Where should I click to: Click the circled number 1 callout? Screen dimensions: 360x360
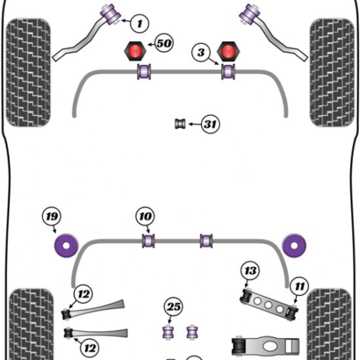(139, 24)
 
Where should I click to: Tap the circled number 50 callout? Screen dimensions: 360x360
(164, 43)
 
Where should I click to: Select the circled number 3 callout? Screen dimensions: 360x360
(201, 52)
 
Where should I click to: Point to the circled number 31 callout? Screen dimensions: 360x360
(210, 124)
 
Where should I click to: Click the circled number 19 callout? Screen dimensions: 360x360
(52, 216)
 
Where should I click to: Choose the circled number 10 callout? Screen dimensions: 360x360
(145, 216)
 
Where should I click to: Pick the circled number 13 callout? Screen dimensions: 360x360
(250, 270)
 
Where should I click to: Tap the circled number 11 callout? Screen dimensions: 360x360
(299, 286)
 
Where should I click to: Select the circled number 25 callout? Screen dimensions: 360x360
(173, 306)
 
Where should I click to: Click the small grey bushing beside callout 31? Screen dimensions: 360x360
(180, 124)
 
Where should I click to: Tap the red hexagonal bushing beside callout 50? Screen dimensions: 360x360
(135, 51)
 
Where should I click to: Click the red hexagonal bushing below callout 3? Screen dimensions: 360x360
(228, 51)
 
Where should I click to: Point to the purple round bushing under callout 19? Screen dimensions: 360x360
(66, 245)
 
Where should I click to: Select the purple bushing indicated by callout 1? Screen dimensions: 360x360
(111, 14)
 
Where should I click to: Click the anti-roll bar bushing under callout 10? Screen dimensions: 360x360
(149, 241)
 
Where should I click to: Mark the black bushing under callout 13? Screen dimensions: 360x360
(247, 295)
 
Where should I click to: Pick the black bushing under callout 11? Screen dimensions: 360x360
(293, 312)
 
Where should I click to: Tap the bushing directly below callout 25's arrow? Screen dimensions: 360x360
(168, 332)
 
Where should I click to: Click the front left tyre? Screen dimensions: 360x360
(28, 73)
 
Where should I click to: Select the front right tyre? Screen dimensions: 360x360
(332, 73)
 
